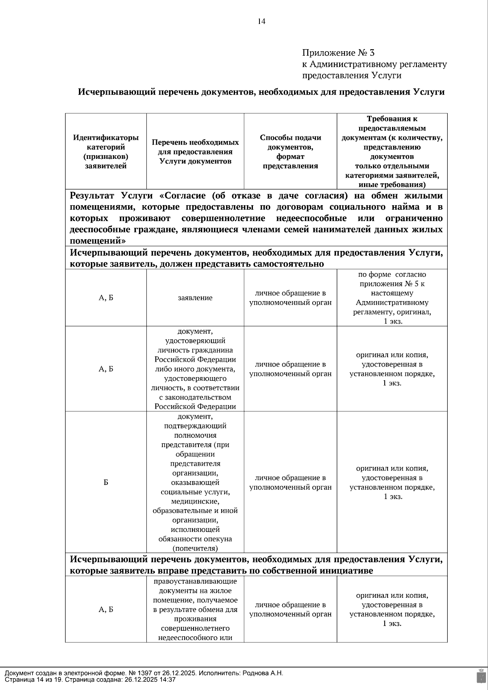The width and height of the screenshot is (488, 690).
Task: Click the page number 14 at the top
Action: [x=261, y=22]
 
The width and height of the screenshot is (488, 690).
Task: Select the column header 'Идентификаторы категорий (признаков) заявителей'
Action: [x=106, y=152]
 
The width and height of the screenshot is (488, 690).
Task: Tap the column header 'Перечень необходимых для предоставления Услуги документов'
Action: [x=195, y=152]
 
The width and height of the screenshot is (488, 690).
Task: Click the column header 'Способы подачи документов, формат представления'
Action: [x=290, y=152]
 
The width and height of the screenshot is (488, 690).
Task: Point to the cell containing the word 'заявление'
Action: [x=195, y=298]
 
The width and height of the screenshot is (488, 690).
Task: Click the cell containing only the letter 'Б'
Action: [x=106, y=482]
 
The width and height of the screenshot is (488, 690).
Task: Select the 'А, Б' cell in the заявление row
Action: [x=106, y=298]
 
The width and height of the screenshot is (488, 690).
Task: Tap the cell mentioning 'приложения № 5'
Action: [x=392, y=284]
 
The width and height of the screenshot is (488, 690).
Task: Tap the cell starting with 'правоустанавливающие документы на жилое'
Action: [x=195, y=609]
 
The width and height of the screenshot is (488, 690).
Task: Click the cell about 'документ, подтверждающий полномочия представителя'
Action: [x=195, y=482]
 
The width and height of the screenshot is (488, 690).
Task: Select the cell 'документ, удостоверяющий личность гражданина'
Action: [x=195, y=369]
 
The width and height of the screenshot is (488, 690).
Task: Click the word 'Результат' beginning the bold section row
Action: [x=92, y=196]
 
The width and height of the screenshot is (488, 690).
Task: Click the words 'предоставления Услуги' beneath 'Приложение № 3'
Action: [x=351, y=76]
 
